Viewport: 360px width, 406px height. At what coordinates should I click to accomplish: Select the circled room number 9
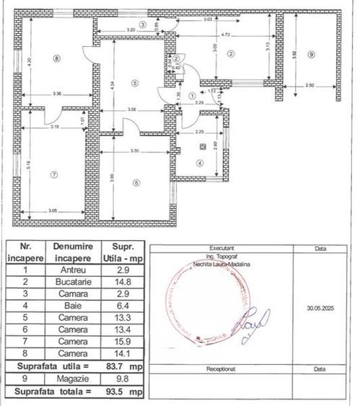(x=310, y=55)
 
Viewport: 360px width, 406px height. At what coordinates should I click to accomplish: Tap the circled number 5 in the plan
(x=134, y=84)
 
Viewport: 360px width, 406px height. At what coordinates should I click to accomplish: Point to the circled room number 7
(x=53, y=175)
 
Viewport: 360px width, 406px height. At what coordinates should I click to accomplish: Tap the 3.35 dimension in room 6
(x=130, y=151)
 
